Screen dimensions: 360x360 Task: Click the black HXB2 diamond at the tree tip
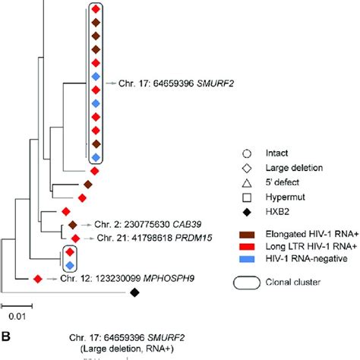[134, 292]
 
